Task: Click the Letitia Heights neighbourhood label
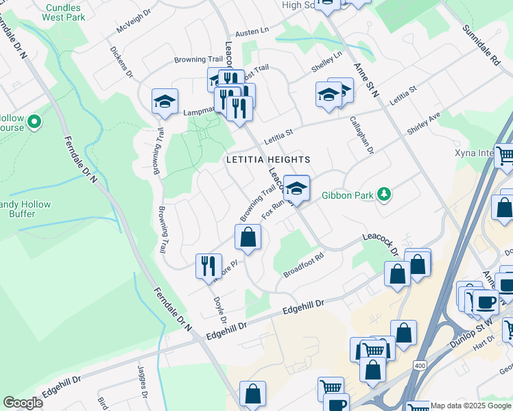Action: [269, 160]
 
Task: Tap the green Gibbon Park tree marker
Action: [385, 195]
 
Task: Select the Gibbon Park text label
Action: [347, 195]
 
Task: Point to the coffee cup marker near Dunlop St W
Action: [486, 301]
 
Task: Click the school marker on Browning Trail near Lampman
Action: [165, 101]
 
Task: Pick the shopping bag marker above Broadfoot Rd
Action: [248, 238]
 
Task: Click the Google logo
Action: [23, 403]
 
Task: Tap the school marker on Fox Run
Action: [296, 187]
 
